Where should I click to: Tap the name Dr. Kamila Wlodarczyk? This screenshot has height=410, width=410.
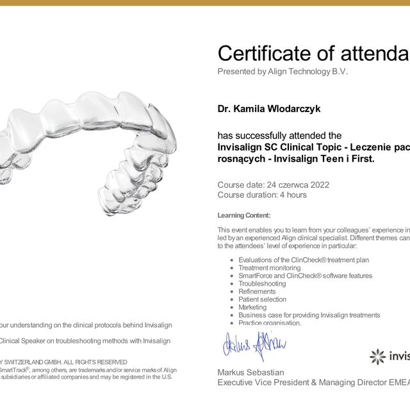pyautogui.click(x=269, y=109)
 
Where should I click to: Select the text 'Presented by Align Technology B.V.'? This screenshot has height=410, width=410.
pyautogui.click(x=283, y=72)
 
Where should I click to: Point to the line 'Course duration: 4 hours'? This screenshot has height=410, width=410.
pyautogui.click(x=262, y=195)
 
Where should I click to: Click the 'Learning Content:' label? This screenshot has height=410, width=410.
pyautogui.click(x=244, y=215)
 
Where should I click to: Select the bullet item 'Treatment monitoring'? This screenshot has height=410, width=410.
pyautogui.click(x=269, y=268)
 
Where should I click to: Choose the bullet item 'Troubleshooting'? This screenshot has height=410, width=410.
pyautogui.click(x=262, y=283)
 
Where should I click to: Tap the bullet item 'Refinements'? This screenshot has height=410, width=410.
pyautogui.click(x=257, y=291)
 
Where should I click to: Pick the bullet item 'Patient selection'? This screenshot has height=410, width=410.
pyautogui.click(x=262, y=299)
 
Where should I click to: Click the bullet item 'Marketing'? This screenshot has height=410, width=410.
pyautogui.click(x=252, y=307)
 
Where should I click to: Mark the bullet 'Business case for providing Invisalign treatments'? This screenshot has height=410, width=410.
pyautogui.click(x=309, y=315)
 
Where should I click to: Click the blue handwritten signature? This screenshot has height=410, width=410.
pyautogui.click(x=254, y=346)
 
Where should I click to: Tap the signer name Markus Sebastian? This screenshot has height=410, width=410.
pyautogui.click(x=250, y=372)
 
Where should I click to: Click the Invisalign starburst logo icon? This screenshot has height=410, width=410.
pyautogui.click(x=378, y=356)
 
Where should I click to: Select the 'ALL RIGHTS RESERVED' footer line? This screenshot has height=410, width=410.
pyautogui.click(x=64, y=362)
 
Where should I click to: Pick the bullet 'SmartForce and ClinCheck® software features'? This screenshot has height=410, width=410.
pyautogui.click(x=305, y=275)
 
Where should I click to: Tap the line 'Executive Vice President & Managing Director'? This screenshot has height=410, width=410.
pyautogui.click(x=301, y=382)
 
